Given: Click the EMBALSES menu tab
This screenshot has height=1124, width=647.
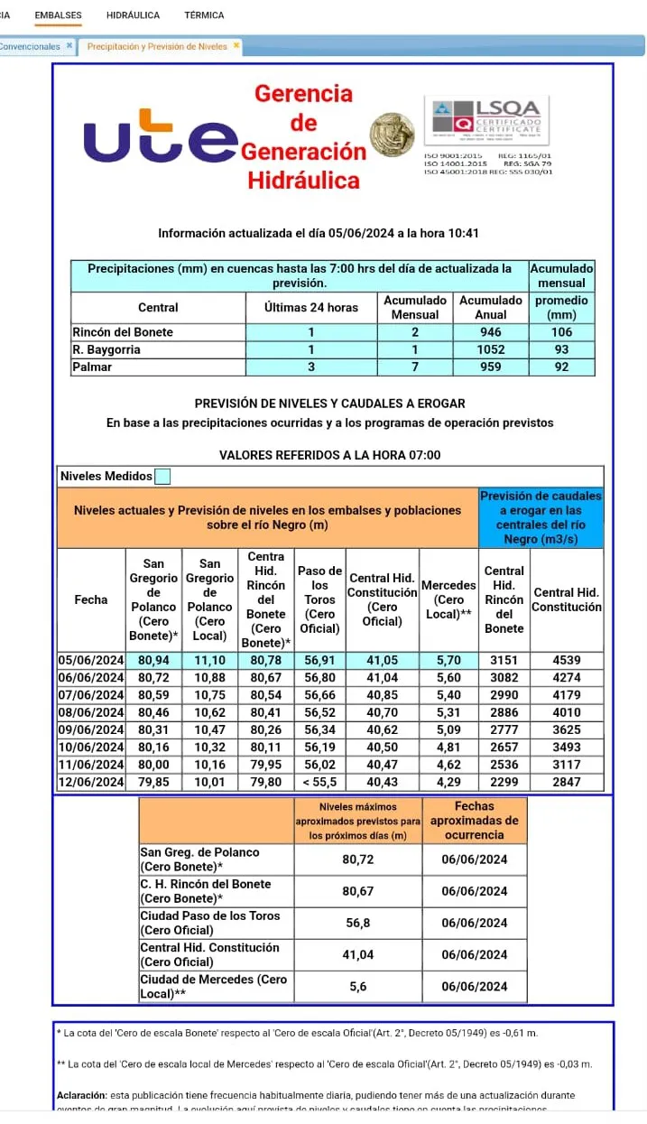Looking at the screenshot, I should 58,15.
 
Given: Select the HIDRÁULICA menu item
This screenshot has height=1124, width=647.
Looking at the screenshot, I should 133,15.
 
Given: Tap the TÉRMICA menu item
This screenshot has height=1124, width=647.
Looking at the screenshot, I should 204,15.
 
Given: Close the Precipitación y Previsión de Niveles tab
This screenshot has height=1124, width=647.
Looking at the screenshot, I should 236,45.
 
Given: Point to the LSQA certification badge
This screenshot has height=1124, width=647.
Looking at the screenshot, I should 487,121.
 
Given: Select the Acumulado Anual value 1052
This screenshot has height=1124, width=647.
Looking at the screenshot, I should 491,350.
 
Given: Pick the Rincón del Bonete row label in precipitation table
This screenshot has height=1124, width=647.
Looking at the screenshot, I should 123,332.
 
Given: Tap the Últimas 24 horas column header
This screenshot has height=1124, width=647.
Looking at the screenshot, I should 310,308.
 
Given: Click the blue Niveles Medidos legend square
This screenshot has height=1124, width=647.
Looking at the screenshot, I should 162,476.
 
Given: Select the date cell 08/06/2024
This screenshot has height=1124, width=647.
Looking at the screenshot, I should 90,712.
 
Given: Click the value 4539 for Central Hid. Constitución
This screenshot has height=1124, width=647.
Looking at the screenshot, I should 566,660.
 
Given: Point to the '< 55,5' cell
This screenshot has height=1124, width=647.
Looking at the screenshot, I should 319,782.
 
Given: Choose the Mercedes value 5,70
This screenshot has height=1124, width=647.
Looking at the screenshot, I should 448,660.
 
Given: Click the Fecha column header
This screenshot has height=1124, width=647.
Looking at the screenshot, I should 90,599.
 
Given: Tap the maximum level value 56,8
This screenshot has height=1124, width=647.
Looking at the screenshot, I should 358,923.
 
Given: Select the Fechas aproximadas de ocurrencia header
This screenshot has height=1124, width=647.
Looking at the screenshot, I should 474,822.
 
